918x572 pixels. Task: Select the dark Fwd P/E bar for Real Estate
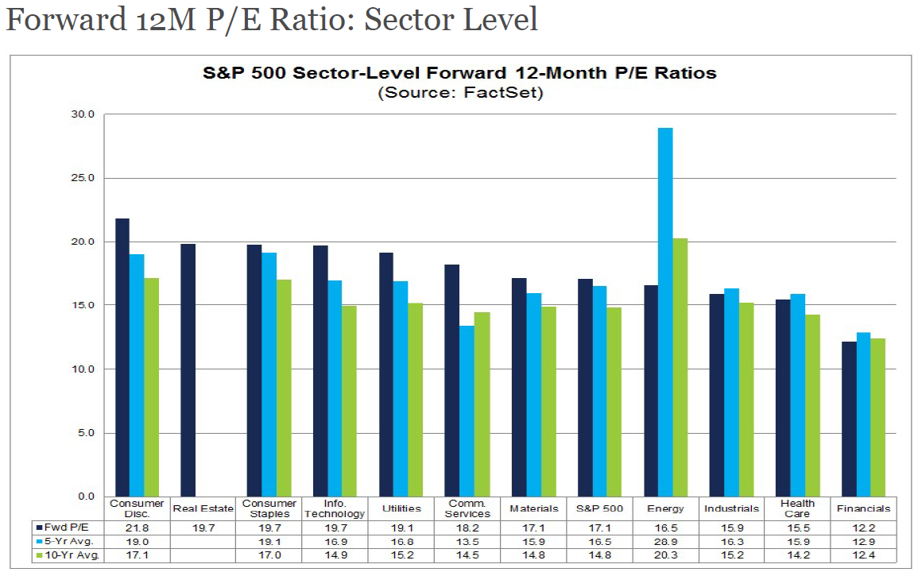[x=188, y=370]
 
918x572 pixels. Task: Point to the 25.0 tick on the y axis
[x=83, y=178]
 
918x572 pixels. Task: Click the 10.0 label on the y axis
[x=83, y=369]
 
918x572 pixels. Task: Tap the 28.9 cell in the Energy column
[x=665, y=541]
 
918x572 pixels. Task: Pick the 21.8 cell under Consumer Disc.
[x=137, y=526]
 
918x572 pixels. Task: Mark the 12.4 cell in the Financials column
[x=863, y=555]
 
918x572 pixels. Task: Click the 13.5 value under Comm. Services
[x=467, y=541]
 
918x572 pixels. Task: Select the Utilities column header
[x=401, y=508]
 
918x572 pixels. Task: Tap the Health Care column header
[x=797, y=508]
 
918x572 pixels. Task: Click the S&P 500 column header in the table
[x=599, y=508]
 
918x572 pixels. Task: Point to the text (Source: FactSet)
[x=459, y=92]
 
